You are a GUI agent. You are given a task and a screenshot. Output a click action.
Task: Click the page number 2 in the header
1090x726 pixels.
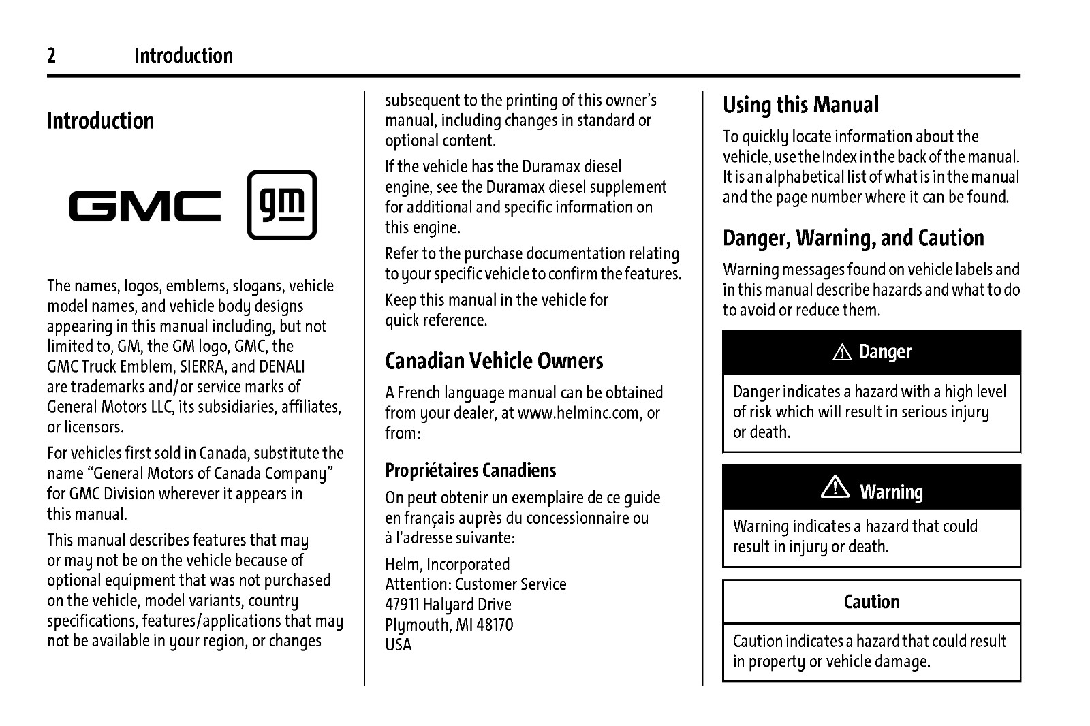(52, 56)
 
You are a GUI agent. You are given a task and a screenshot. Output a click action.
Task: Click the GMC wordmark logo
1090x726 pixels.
(145, 206)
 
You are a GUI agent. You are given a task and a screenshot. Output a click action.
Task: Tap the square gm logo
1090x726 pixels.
(281, 205)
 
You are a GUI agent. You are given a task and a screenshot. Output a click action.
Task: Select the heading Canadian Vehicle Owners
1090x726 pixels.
(494, 361)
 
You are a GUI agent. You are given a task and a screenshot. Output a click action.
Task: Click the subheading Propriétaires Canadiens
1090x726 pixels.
(470, 471)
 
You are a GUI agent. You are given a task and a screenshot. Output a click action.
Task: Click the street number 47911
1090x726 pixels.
(402, 605)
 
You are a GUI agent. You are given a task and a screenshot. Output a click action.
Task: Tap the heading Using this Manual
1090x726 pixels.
(800, 106)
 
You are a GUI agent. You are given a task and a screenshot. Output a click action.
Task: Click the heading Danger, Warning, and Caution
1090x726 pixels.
(853, 238)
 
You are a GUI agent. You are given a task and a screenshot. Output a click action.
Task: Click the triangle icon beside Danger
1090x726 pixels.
(843, 353)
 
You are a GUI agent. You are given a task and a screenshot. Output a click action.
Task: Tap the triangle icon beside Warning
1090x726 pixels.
(835, 488)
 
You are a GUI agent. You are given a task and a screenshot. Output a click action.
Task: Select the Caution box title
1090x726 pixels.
(871, 602)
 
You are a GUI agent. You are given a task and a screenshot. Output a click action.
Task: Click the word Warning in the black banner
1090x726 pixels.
(891, 492)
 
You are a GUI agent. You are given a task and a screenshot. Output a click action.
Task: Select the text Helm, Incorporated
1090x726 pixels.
(447, 565)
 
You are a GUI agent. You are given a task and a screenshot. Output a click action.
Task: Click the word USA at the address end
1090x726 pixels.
(398, 645)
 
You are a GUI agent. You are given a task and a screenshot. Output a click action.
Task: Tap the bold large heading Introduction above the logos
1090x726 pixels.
(101, 121)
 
